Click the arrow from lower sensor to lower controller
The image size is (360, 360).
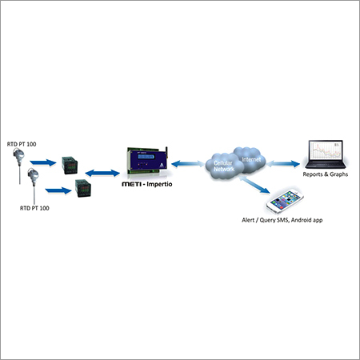point(57,190)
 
